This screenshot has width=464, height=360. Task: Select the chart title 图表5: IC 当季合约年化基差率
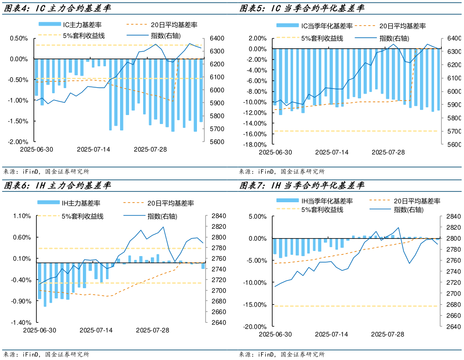click(302, 8)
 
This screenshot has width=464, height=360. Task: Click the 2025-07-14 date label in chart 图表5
click(332, 153)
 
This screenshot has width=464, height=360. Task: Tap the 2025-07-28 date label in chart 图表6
click(153, 330)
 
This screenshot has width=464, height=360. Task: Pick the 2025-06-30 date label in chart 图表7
click(276, 334)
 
